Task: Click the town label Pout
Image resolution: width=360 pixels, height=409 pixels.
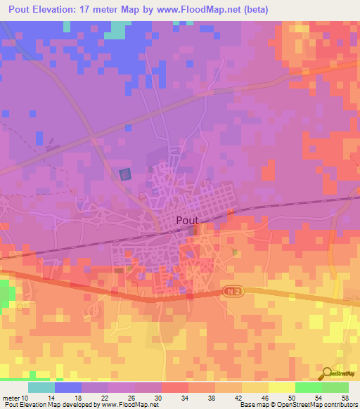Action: pos(186,220)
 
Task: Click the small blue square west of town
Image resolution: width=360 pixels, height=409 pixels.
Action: pos(125,174)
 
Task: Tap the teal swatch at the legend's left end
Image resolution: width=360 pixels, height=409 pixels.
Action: pos(41,387)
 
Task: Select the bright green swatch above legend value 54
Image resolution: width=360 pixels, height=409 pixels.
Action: pos(308,387)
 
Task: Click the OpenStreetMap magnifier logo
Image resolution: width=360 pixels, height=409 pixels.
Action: pos(326,373)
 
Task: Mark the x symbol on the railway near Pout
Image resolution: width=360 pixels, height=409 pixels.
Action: pos(171,231)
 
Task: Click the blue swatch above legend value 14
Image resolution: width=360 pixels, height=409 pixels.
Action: pos(68,387)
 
